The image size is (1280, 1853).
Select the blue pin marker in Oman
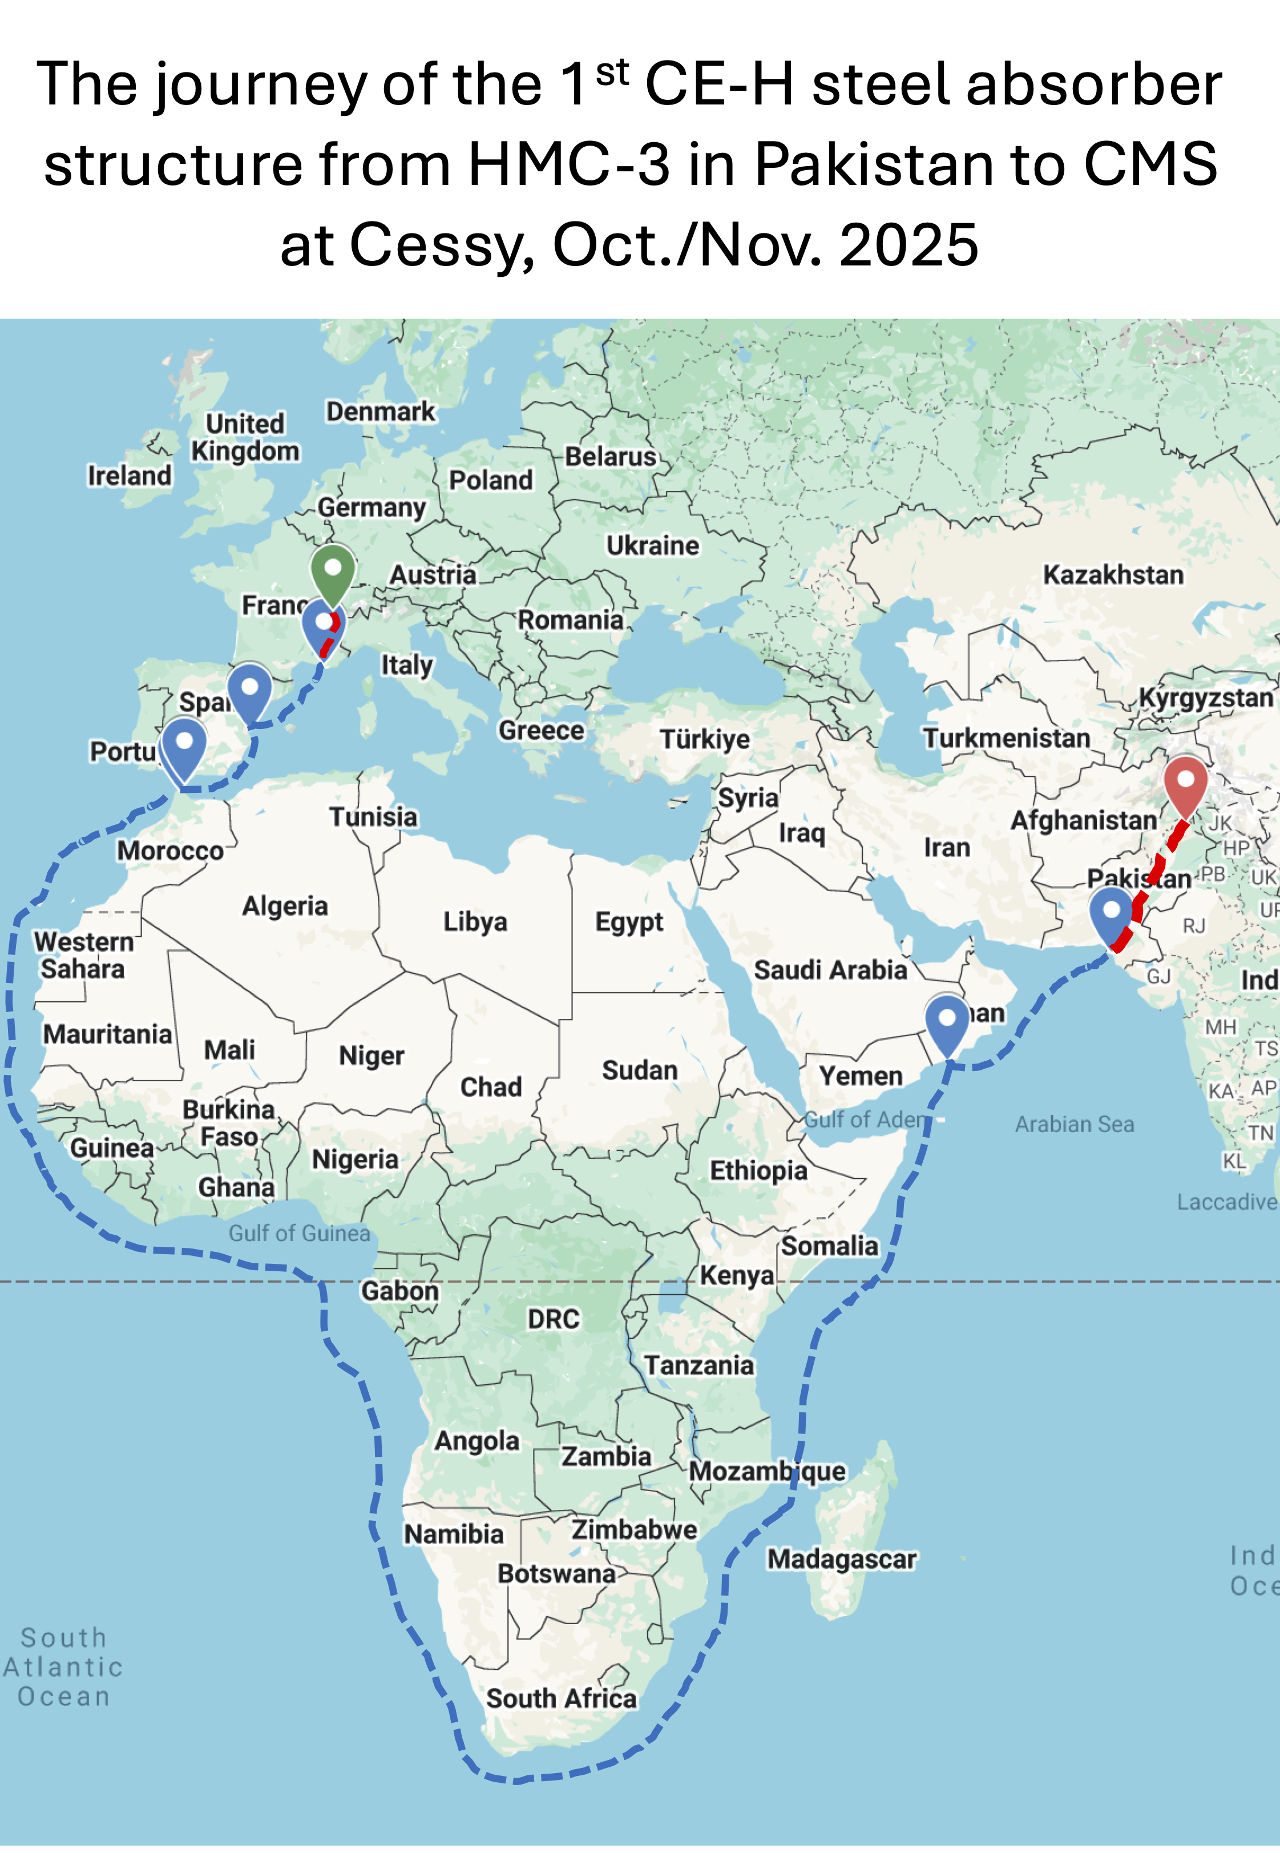[947, 1020]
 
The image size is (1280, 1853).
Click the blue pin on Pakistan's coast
[1111, 912]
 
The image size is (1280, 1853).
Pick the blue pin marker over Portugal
[184, 744]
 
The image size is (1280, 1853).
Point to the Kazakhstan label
[1112, 575]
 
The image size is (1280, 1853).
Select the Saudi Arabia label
[830, 970]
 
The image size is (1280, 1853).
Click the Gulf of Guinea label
[299, 1233]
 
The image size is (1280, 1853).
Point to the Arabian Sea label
[1074, 1125]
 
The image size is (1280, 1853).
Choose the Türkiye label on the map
[704, 739]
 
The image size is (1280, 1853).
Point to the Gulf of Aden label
[864, 1120]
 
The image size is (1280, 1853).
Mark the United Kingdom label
[245, 437]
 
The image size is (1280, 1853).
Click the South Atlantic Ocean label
[63, 1667]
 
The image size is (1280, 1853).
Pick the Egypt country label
[629, 923]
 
